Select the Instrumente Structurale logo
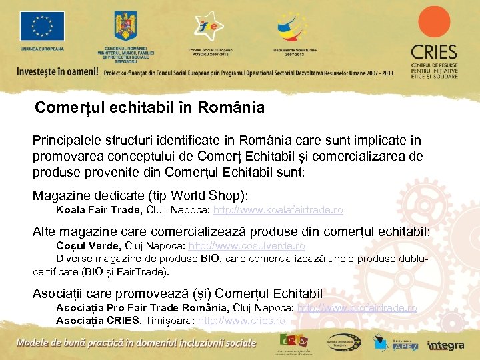pyautogui.click(x=291, y=27)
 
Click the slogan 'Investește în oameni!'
pyautogui.click(x=57, y=72)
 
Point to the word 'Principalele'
pyautogui.click(x=67, y=141)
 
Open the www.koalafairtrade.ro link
pyautogui.click(x=278, y=210)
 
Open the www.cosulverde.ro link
pyautogui.click(x=247, y=246)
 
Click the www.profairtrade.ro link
pyautogui.click(x=357, y=308)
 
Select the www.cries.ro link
pyautogui.click(x=242, y=320)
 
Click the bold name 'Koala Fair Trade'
pyautogui.click(x=99, y=210)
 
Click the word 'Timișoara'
pyautogui.click(x=170, y=320)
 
